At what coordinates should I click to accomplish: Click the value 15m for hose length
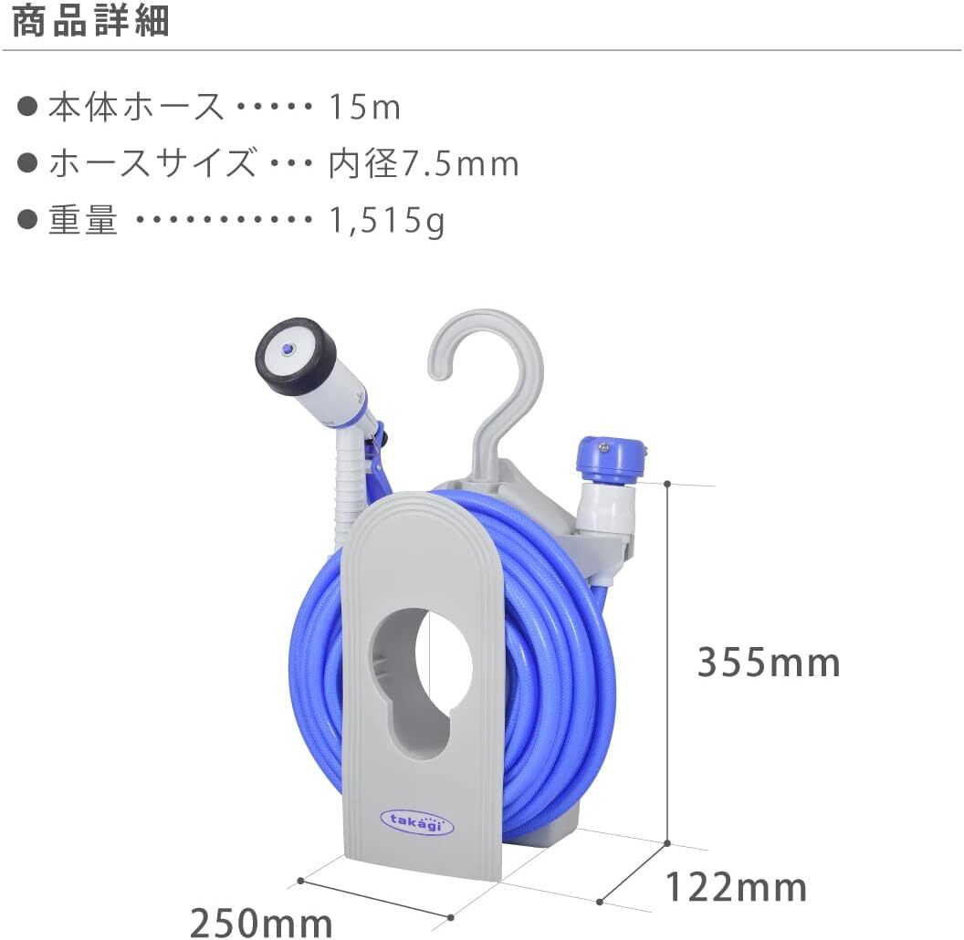pyautogui.click(x=364, y=107)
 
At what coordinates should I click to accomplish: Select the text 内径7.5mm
pyautogui.click(x=424, y=163)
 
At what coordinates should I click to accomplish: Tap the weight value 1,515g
pyautogui.click(x=387, y=220)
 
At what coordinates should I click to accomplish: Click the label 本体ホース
pyautogui.click(x=136, y=107)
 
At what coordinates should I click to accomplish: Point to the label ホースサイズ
pyautogui.click(x=152, y=163)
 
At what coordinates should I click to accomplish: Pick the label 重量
pyautogui.click(x=83, y=219)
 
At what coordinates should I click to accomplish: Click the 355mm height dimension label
pyautogui.click(x=769, y=663)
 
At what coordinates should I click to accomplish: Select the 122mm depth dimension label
pyautogui.click(x=736, y=886)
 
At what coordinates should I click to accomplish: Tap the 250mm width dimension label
pyautogui.click(x=261, y=922)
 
